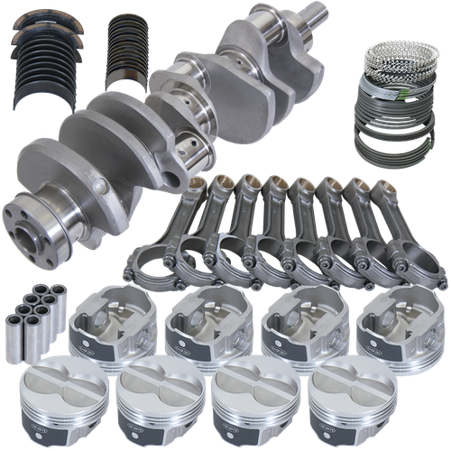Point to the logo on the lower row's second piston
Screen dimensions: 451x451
tap(153, 430)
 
